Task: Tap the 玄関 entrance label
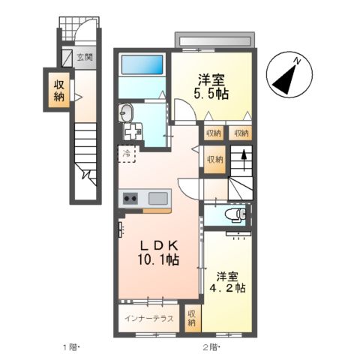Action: [x=84, y=57]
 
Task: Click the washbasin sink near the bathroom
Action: [x=126, y=113]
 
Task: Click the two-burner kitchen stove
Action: [x=128, y=199]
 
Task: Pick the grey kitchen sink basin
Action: [x=158, y=199]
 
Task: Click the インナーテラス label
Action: [x=149, y=319]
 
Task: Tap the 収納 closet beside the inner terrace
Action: [x=191, y=318]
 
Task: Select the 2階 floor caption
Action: [x=209, y=346]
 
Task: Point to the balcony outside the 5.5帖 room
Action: [x=215, y=39]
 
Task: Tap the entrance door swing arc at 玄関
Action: [x=88, y=33]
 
